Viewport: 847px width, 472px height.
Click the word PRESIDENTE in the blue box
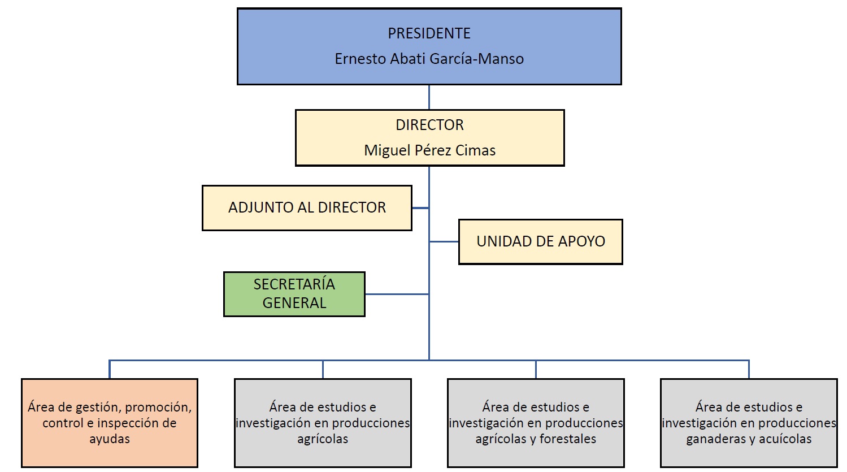(x=429, y=33)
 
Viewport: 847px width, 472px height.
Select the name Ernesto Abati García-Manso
(x=429, y=59)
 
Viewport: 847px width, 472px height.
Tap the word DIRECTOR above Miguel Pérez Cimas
(x=429, y=125)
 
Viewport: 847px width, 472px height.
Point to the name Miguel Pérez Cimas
(x=429, y=150)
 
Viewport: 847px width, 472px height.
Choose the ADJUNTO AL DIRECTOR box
(x=307, y=207)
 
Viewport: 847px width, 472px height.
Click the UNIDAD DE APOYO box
(x=540, y=241)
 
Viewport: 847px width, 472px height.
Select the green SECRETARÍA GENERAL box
(x=294, y=293)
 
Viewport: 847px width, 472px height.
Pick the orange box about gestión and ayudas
(x=110, y=423)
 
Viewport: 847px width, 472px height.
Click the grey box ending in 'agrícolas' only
(x=323, y=423)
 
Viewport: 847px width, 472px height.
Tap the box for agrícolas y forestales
(x=536, y=423)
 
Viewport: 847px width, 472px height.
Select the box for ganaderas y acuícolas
(x=749, y=423)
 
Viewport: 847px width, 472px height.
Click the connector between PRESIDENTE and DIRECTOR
(x=429, y=97)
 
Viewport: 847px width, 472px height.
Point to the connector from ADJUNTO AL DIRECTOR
(x=420, y=208)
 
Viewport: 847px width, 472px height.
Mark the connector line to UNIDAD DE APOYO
(x=444, y=242)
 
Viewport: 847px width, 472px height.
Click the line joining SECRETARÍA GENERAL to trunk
(x=397, y=294)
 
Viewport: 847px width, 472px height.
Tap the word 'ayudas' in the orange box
(x=110, y=439)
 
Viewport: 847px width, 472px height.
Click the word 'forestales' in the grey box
(x=567, y=439)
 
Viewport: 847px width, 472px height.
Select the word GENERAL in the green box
(x=294, y=303)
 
